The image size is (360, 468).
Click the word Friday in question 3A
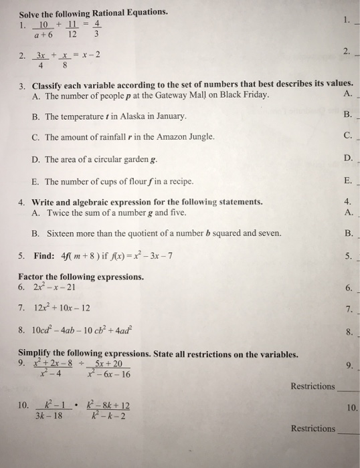coord(255,96)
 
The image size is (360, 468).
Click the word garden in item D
coord(140,160)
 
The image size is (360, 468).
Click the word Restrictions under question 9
coord(312,386)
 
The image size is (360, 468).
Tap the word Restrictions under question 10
coord(312,429)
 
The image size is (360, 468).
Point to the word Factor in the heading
coord(33,276)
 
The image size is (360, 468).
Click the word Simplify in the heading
coord(37,353)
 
